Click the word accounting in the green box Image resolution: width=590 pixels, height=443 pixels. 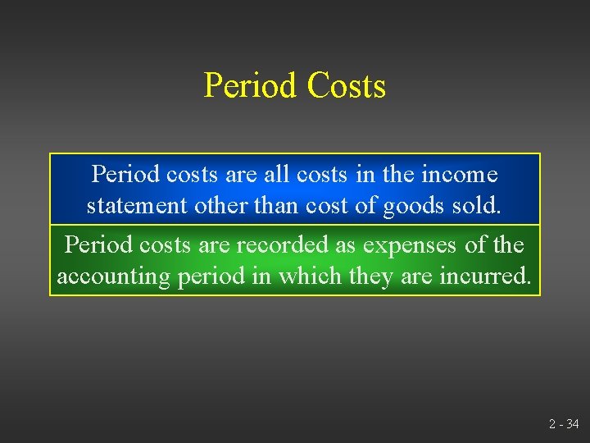(x=113, y=276)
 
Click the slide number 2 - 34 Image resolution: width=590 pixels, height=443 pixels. (x=563, y=424)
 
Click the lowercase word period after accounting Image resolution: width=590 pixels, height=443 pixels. (x=211, y=276)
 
